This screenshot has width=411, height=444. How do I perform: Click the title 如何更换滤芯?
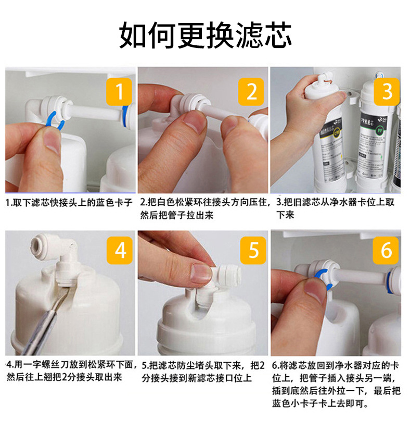[x=205, y=35]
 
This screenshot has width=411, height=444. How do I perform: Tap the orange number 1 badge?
[x=119, y=92]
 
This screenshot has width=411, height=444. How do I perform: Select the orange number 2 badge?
[x=251, y=92]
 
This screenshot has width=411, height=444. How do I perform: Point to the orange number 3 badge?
[x=387, y=92]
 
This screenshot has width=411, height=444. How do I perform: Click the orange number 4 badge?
[x=120, y=250]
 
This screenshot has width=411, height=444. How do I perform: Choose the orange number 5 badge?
[x=253, y=250]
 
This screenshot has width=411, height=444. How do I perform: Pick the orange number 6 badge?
[x=386, y=250]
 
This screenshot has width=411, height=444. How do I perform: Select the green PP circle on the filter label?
[x=379, y=131]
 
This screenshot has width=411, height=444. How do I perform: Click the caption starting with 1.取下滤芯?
[x=69, y=203]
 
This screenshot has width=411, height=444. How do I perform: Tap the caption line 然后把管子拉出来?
[x=177, y=215]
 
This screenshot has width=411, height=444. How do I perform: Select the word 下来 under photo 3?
[x=285, y=215]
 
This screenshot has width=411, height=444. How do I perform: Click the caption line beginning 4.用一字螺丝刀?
[x=72, y=364]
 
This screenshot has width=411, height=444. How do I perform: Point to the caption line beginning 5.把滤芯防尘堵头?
[x=203, y=365]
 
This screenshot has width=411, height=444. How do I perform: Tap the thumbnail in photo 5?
[x=201, y=274]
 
